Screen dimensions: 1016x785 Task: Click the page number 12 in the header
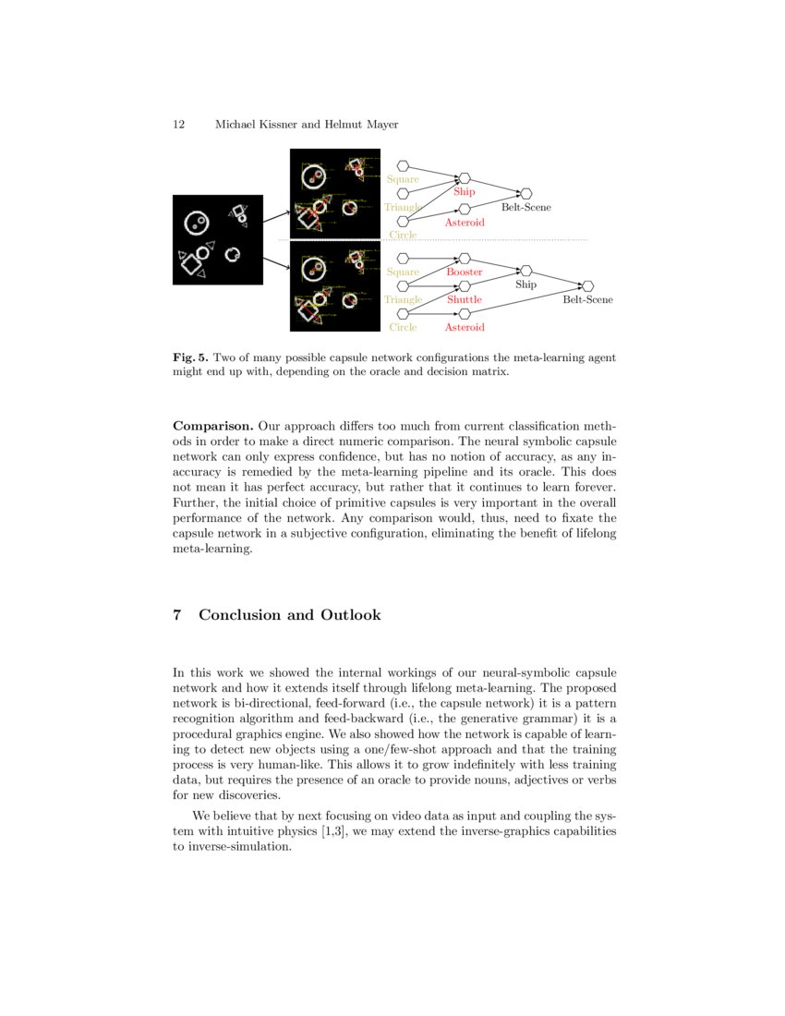pyautogui.click(x=179, y=125)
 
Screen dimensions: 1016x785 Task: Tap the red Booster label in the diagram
pyautogui.click(x=465, y=272)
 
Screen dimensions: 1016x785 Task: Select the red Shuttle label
pyautogui.click(x=465, y=300)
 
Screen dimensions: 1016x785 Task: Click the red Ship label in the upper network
pyautogui.click(x=464, y=192)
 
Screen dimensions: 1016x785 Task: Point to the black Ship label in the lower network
pyautogui.click(x=525, y=285)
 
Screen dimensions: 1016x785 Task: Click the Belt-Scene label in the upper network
pyautogui.click(x=525, y=208)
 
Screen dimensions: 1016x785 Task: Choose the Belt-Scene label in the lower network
pyautogui.click(x=587, y=300)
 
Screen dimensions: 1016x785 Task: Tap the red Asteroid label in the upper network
pyautogui.click(x=465, y=224)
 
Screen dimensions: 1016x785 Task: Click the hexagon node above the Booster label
pyautogui.click(x=465, y=259)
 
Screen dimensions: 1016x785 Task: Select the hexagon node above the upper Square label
pyautogui.click(x=403, y=166)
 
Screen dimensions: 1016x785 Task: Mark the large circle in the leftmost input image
pyautogui.click(x=196, y=223)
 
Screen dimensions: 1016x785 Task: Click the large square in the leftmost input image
pyautogui.click(x=192, y=265)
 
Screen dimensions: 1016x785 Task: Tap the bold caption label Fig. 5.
pyautogui.click(x=190, y=357)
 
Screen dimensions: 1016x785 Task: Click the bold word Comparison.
pyautogui.click(x=212, y=427)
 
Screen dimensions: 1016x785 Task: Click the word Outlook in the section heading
pyautogui.click(x=351, y=615)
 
